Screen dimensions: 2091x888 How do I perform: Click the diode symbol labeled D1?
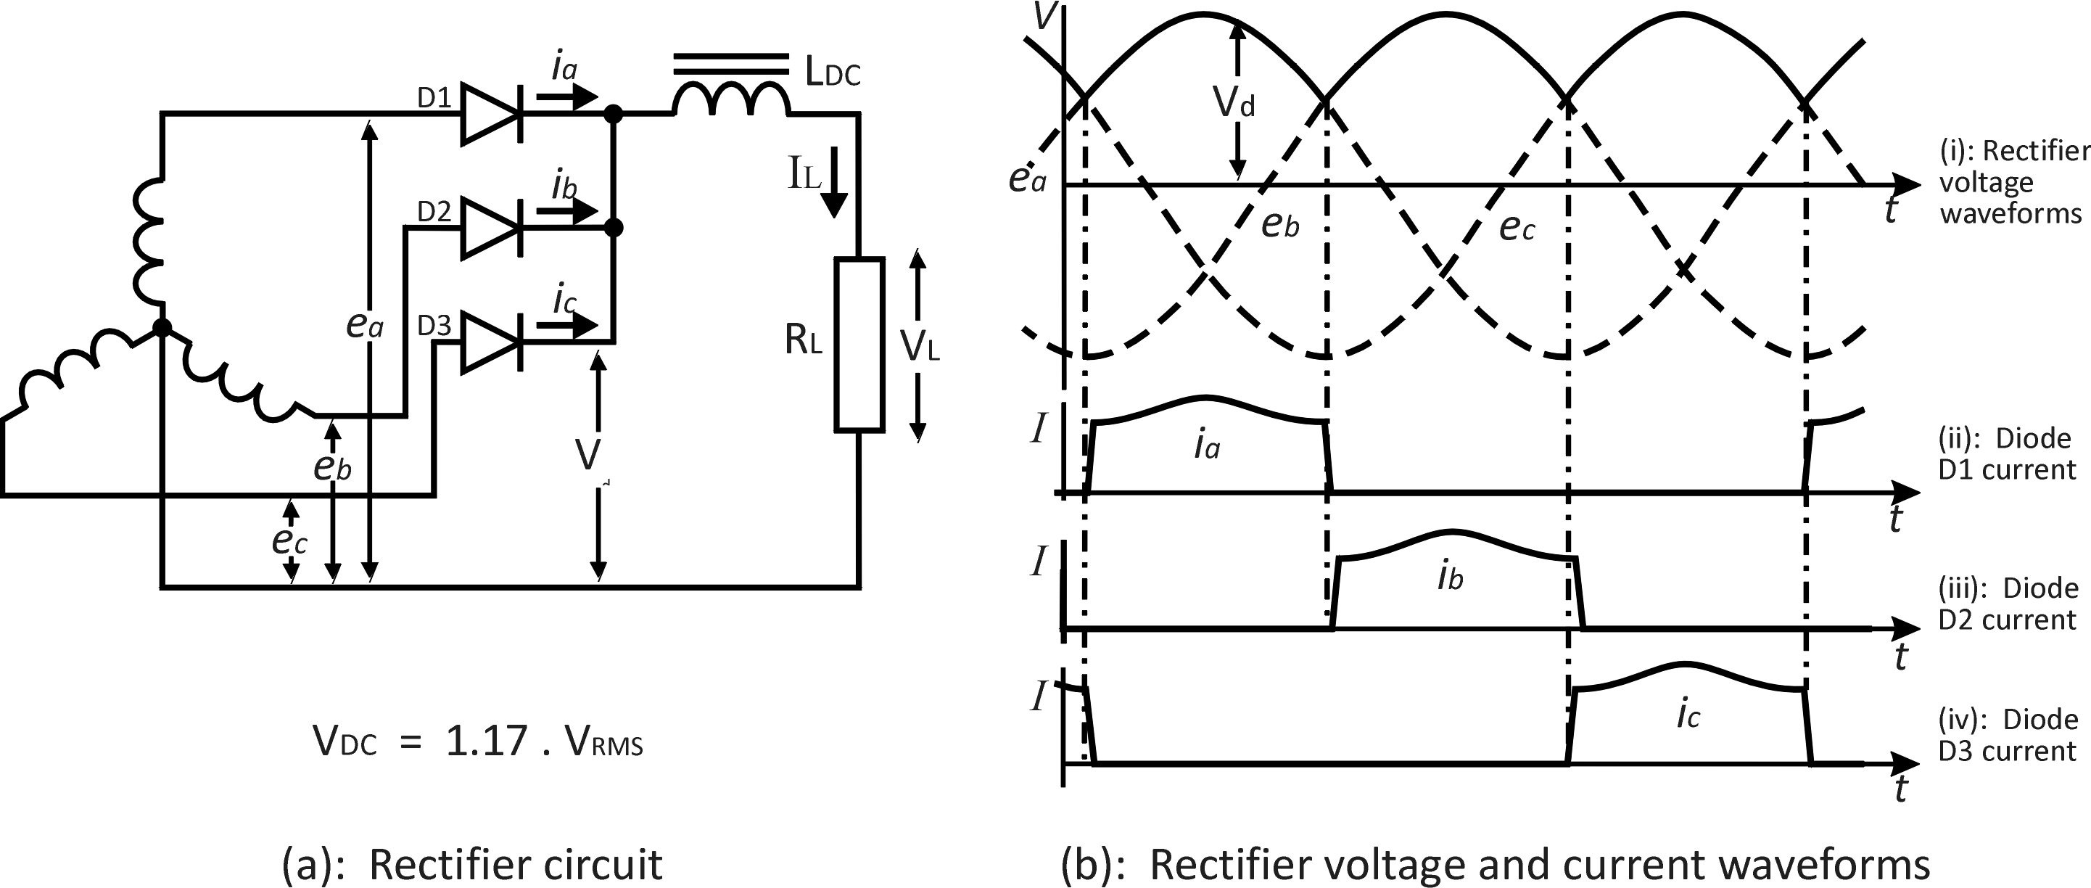(x=491, y=115)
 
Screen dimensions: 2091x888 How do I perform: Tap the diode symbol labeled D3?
(x=491, y=342)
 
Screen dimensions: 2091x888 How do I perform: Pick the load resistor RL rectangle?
(x=859, y=343)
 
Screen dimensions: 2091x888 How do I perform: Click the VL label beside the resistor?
(x=920, y=347)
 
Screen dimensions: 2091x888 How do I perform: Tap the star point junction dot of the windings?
(x=162, y=327)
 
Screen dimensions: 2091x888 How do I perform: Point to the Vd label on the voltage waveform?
(x=1234, y=103)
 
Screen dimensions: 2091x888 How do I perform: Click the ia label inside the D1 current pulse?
(x=1206, y=445)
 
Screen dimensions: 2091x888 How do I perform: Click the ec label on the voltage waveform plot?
(x=1517, y=228)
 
